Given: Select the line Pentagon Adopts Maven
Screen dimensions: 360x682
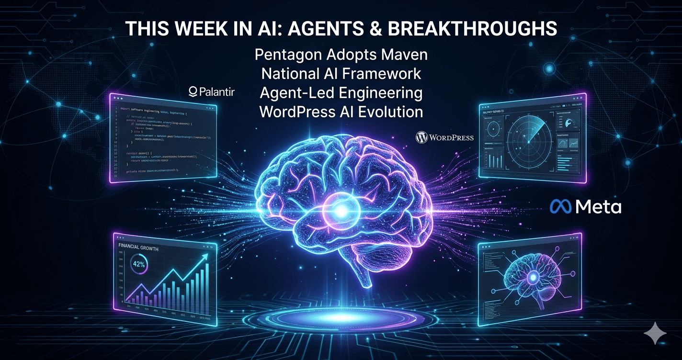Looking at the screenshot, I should pyautogui.click(x=341, y=55).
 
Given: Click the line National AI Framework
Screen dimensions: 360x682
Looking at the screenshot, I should pyautogui.click(x=341, y=74).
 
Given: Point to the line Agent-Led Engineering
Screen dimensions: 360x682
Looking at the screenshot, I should pyautogui.click(x=341, y=93).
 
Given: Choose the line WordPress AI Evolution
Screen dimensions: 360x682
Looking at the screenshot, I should pyautogui.click(x=341, y=112).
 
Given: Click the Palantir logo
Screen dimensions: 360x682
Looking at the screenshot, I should pyautogui.click(x=212, y=91).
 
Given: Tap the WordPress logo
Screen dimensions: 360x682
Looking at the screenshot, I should pyautogui.click(x=444, y=138).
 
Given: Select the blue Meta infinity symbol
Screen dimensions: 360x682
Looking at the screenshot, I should pyautogui.click(x=561, y=207).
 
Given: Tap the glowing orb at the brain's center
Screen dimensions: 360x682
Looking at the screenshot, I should pyautogui.click(x=341, y=209).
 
